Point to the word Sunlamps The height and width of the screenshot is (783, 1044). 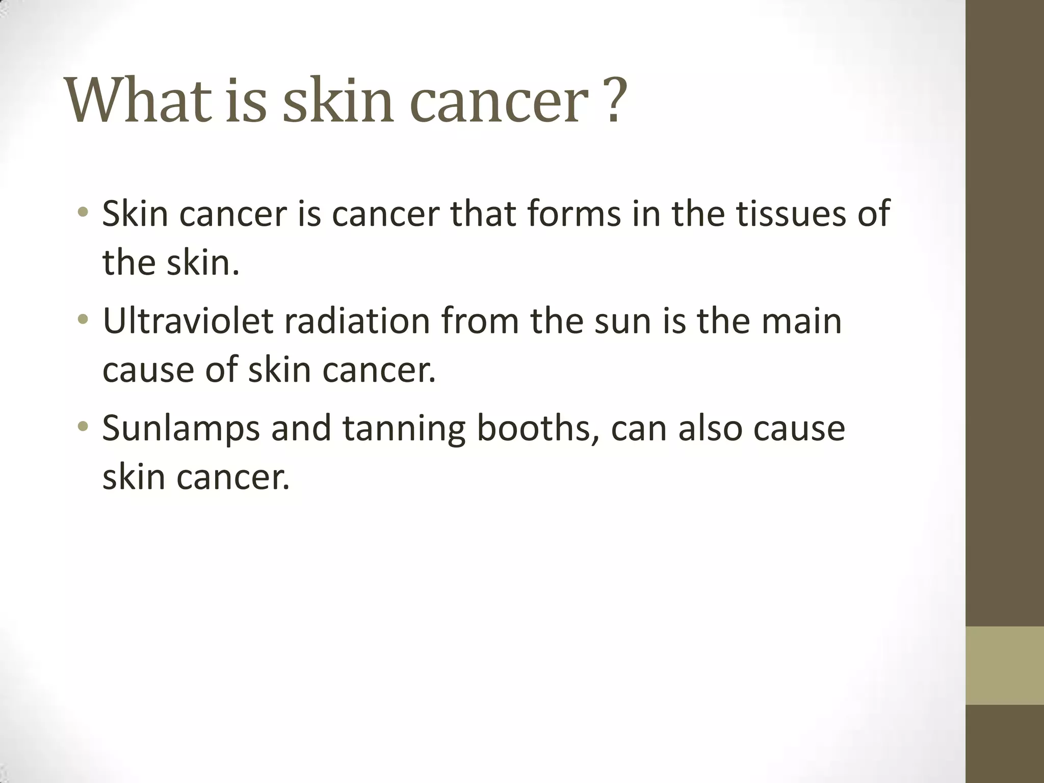[x=181, y=429]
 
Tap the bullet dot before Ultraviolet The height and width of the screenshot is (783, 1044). [x=83, y=320]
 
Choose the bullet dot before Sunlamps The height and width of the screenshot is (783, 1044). [x=83, y=427]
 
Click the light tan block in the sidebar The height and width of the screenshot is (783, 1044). [x=1004, y=665]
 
